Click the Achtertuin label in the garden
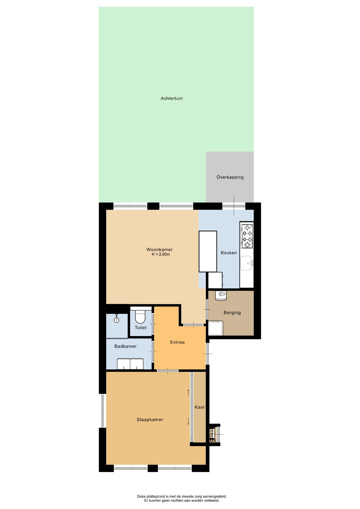point(172,98)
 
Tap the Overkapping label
point(230,177)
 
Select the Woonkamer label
point(159,249)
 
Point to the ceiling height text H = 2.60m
point(161,254)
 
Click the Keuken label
point(229,253)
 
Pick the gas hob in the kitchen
point(247,236)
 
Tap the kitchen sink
point(246,263)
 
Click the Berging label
point(232,313)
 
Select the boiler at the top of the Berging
point(221,296)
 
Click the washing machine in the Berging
point(216,328)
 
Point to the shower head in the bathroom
point(116,319)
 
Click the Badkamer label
point(125,346)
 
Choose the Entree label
point(177,342)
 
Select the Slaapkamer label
point(150,420)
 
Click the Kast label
point(200,407)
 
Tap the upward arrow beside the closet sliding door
point(188,393)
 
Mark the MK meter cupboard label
point(213,441)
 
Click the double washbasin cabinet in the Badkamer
point(130,364)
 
